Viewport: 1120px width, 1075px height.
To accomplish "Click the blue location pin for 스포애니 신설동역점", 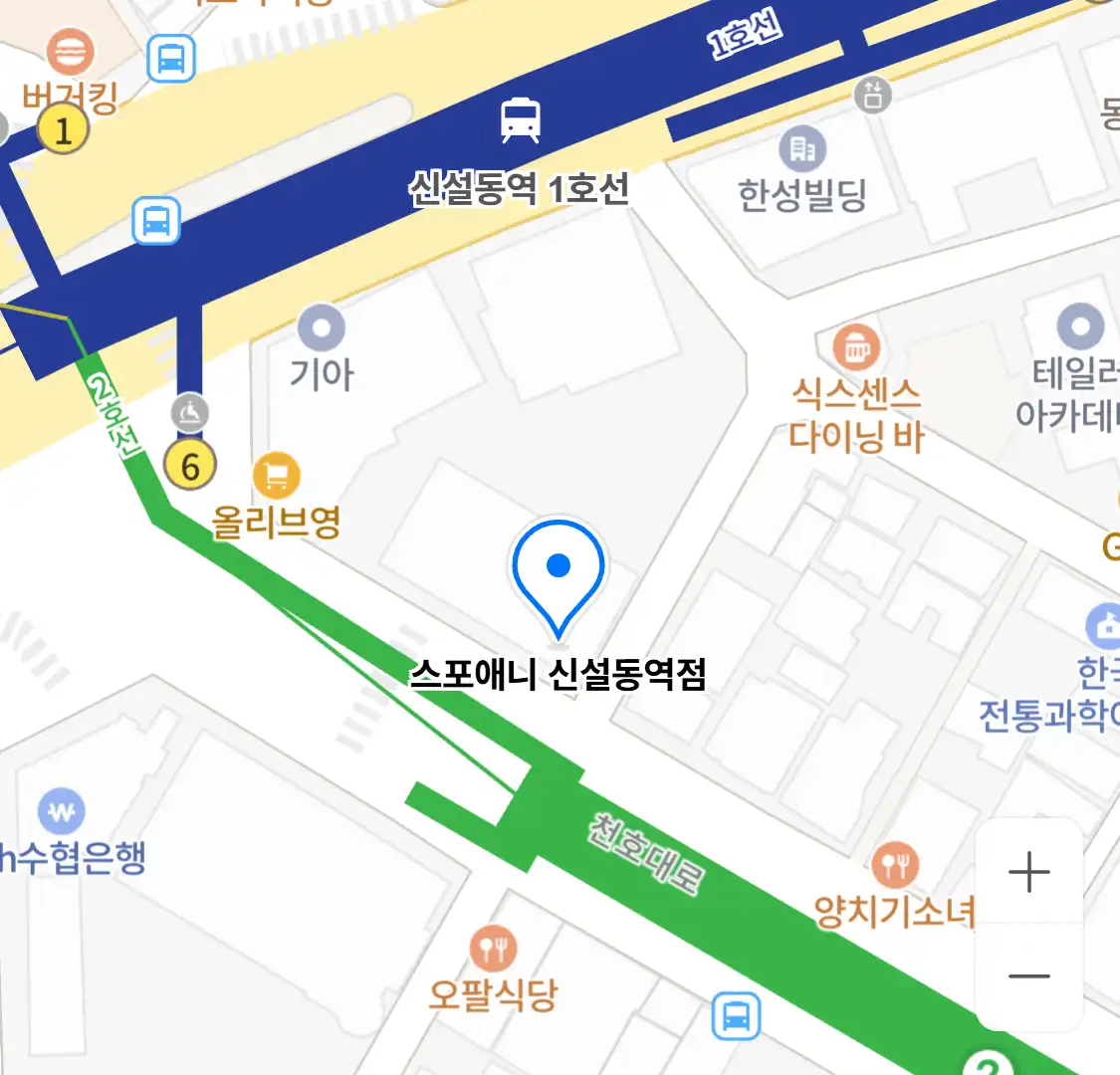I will (559, 572).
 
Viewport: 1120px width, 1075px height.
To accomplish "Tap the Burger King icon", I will (71, 52).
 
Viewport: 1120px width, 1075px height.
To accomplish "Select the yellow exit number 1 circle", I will (64, 130).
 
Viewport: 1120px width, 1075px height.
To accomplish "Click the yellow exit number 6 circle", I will (190, 465).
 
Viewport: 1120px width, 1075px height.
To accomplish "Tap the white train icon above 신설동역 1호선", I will (520, 119).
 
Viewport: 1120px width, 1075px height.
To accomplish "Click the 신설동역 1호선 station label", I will (519, 187).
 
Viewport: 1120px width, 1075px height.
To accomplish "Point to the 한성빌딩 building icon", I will (802, 149).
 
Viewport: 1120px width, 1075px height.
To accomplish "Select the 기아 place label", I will (322, 374).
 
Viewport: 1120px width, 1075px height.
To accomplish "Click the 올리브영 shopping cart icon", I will (277, 476).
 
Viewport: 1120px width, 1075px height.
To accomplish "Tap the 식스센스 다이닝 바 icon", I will (856, 347).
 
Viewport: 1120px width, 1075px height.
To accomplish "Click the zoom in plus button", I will (1028, 872).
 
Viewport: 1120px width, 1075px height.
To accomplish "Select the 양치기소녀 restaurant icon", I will (895, 866).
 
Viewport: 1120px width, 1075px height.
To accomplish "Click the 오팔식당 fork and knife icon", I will (493, 949).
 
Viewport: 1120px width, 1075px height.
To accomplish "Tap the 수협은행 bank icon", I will (62, 812).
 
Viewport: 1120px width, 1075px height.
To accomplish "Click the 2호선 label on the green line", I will (113, 415).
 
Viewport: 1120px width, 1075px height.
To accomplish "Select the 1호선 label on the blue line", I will (744, 37).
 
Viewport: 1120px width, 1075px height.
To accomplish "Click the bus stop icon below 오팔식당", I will (736, 1016).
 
